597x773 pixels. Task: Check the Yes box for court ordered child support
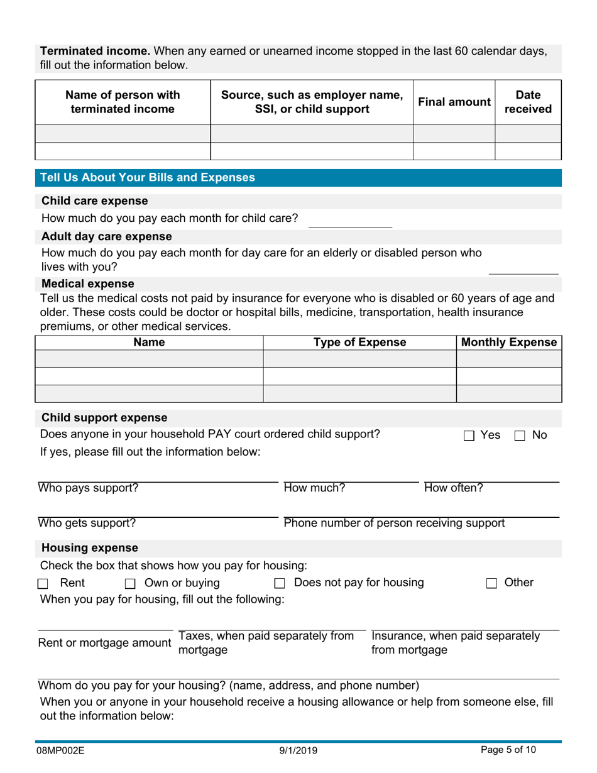[x=469, y=436]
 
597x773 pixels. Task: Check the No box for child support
[x=520, y=436]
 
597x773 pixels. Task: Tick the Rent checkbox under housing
[x=43, y=584]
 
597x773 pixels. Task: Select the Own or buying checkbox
[x=130, y=584]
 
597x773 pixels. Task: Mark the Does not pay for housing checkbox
[x=280, y=584]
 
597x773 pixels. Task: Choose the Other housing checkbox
[x=491, y=584]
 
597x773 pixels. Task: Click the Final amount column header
[x=454, y=102]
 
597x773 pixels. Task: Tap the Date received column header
[x=528, y=102]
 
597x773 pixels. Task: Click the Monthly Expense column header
[x=509, y=343]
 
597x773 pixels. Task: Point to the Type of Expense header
[x=359, y=343]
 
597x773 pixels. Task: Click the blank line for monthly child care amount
[x=351, y=221]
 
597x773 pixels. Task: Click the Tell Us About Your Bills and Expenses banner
[x=148, y=178]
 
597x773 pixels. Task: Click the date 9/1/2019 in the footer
[x=299, y=750]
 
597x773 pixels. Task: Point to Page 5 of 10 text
[x=508, y=749]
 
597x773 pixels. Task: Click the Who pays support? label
[x=89, y=488]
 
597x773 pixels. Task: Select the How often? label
[x=454, y=488]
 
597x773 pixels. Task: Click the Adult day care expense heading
[x=106, y=237]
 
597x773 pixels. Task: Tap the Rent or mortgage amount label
[x=104, y=643]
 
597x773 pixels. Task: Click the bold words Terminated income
[x=95, y=51]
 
